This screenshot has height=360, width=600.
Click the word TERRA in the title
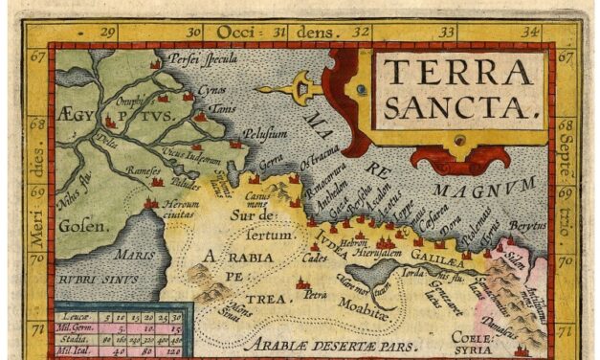tap(458, 71)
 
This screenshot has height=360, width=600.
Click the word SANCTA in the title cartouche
tap(458, 107)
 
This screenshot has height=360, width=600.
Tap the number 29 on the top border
tap(106, 33)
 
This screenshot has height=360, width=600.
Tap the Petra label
tap(316, 293)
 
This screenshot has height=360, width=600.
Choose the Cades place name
tap(314, 257)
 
